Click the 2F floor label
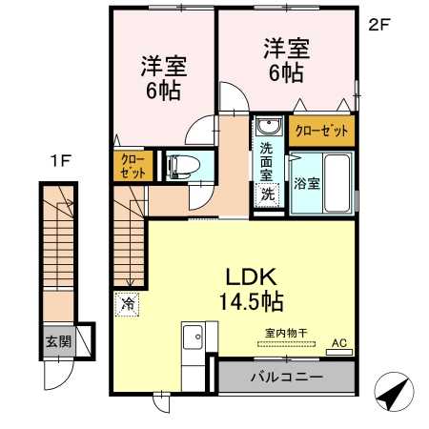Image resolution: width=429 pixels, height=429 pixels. pyautogui.click(x=379, y=25)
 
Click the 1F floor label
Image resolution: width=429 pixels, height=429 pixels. pyautogui.click(x=59, y=163)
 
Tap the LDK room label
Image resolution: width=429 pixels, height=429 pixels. pyautogui.click(x=251, y=277)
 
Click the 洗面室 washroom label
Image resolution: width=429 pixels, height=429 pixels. pyautogui.click(x=269, y=162)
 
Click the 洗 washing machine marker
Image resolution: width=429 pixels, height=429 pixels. pyautogui.click(x=269, y=194)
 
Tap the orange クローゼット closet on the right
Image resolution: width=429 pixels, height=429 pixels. pyautogui.click(x=321, y=130)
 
